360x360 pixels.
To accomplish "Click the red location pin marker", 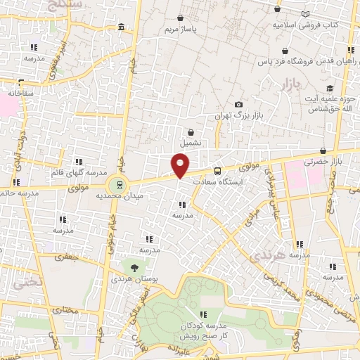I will [x=181, y=165].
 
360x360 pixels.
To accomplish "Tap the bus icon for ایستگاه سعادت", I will [x=217, y=170].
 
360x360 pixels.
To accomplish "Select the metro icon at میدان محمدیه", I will [x=120, y=185].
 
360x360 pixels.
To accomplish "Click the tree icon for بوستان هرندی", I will [x=134, y=267].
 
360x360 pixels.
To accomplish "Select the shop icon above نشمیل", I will [x=191, y=131].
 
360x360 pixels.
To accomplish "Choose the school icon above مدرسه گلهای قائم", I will [x=79, y=161].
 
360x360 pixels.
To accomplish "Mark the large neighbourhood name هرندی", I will [x=288, y=257].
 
